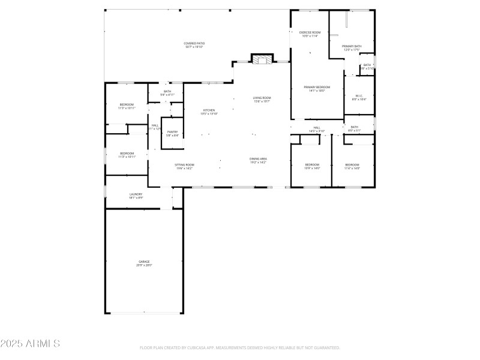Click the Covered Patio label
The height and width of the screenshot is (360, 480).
[193, 45]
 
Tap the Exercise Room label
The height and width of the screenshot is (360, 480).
[310, 34]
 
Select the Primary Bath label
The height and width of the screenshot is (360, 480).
[352, 48]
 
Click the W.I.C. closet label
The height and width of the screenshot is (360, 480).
[359, 97]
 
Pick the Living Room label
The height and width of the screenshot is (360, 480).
[262, 100]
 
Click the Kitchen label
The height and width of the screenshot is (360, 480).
[209, 112]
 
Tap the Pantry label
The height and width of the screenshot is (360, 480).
[172, 133]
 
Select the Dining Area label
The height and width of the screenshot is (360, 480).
[258, 160]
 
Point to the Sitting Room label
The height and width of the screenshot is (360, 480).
[184, 166]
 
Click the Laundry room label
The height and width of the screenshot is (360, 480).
[136, 195]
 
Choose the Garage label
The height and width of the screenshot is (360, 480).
[144, 263]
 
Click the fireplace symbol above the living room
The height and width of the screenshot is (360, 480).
[261, 59]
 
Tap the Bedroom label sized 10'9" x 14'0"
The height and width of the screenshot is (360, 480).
[312, 166]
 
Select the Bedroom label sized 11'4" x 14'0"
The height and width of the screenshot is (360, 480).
[352, 166]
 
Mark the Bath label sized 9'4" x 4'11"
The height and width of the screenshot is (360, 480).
[167, 93]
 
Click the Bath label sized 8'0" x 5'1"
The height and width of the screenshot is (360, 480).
[355, 128]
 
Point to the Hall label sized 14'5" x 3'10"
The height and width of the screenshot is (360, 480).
[317, 129]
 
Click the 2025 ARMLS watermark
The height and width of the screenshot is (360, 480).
[30, 344]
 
